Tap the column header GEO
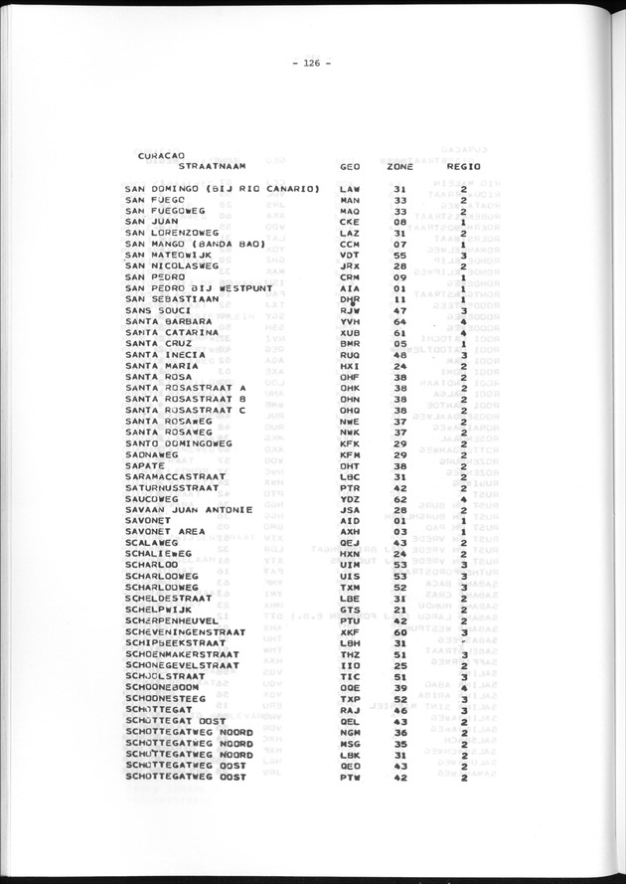350,166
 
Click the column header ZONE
399,166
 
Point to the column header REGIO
463,166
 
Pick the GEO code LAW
349,188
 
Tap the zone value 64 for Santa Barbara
400,322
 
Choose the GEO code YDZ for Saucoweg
349,499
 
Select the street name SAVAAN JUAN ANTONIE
189,510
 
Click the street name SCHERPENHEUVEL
175,620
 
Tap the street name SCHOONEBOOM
165,687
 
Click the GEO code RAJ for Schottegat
349,711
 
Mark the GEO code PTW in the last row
349,778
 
